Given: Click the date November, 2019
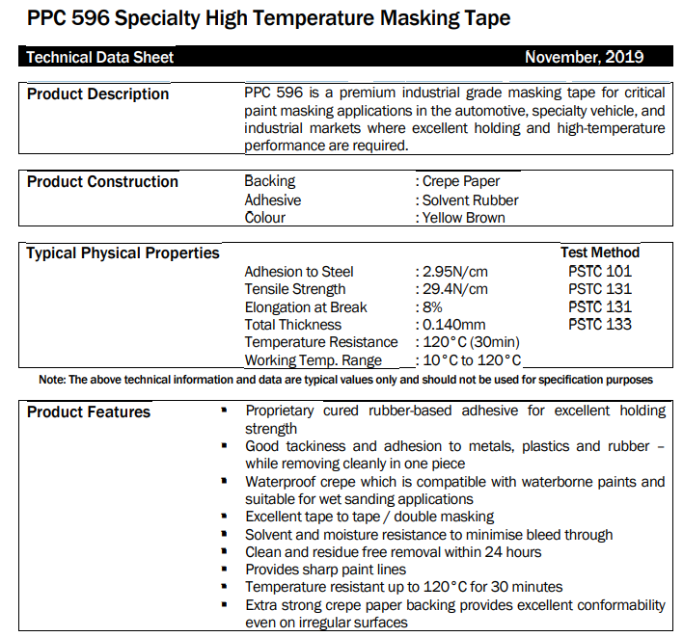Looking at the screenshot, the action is tap(585, 57).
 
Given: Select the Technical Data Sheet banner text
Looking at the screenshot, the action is tap(99, 57).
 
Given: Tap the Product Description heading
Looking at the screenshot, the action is tap(97, 94).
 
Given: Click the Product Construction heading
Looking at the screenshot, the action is tap(102, 181).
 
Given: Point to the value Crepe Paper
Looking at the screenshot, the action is tap(461, 181).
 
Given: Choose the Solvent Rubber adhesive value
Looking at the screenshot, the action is tap(471, 200).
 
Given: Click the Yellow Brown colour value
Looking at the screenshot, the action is tap(463, 218).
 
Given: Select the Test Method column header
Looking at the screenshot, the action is tap(600, 252).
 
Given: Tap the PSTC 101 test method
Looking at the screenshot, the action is tap(600, 271).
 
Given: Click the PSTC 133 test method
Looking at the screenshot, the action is tap(600, 324).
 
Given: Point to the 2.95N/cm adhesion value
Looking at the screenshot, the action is tap(455, 272).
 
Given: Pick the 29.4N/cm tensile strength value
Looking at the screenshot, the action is tap(455, 289).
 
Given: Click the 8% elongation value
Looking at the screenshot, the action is tap(432, 307).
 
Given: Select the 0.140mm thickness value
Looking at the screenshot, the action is tap(453, 325).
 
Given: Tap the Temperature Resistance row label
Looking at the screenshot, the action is tap(321, 342).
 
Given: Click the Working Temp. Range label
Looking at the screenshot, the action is tap(314, 360).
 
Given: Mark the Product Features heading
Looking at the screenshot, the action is tap(89, 412).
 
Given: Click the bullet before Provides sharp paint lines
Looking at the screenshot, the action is tap(225, 569).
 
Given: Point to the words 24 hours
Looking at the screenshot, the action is tap(513, 552).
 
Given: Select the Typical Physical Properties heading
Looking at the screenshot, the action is tap(123, 253).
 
